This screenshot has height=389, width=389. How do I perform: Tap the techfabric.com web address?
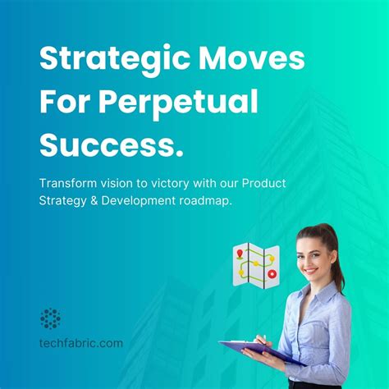(x=81, y=342)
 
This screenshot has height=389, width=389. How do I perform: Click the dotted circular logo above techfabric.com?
(x=51, y=318)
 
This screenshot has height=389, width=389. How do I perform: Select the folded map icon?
(x=255, y=265)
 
